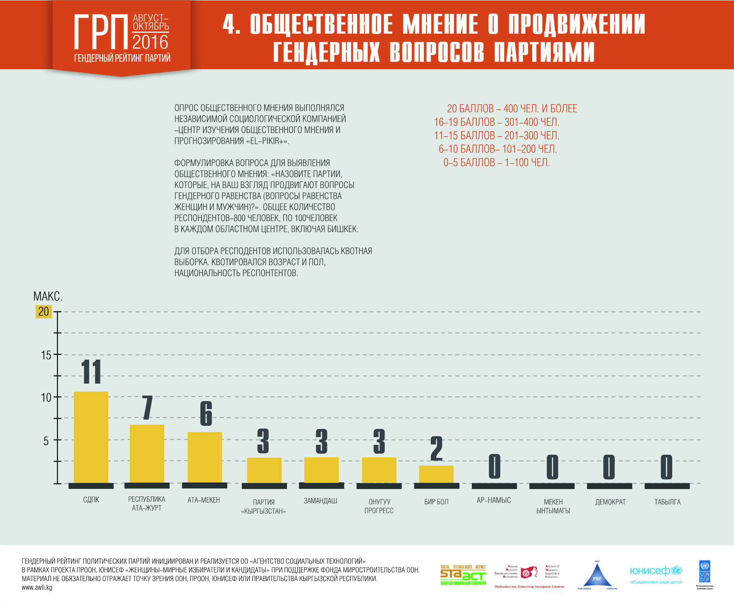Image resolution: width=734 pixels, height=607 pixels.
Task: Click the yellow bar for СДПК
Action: [91, 437]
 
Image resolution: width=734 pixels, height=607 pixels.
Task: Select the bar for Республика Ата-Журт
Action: [147, 453]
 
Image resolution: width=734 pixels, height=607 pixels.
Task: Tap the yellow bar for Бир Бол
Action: [436, 474]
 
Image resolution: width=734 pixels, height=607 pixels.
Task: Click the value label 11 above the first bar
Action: [91, 371]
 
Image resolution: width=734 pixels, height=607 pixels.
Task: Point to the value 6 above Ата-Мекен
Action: [206, 413]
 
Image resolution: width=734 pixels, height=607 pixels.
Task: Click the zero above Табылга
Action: [666, 466]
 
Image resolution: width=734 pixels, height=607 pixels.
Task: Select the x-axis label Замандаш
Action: [320, 501]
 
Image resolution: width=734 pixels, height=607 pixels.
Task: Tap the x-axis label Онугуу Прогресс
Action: [379, 506]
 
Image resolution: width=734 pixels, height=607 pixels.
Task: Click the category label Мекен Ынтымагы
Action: [553, 506]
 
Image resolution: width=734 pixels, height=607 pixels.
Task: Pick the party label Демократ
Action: [610, 502]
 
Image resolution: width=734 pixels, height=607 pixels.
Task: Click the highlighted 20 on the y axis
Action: [44, 312]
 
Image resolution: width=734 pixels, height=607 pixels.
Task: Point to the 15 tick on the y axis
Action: [46, 355]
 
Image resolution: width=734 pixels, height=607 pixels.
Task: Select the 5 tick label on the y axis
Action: [46, 440]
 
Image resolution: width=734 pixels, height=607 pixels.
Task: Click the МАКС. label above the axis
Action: [48, 296]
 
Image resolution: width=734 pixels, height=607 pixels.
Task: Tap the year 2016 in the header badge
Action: [150, 42]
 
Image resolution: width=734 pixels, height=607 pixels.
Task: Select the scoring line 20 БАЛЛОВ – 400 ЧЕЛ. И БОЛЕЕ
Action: [512, 109]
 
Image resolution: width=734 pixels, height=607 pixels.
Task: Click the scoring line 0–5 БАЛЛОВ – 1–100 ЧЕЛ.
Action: [497, 162]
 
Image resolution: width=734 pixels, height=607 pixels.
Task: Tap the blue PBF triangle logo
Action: [597, 576]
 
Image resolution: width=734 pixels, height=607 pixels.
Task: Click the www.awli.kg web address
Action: [37, 587]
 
